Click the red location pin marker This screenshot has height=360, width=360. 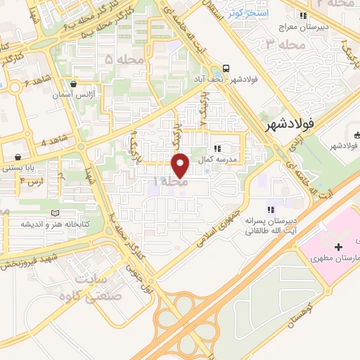(181, 165)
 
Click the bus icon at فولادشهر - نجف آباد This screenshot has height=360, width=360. (226, 68)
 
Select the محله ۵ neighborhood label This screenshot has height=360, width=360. (118, 60)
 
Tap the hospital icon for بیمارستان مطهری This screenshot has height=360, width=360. (339, 247)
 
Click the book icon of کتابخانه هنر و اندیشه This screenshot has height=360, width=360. (55, 213)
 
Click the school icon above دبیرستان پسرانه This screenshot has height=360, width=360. (270, 209)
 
